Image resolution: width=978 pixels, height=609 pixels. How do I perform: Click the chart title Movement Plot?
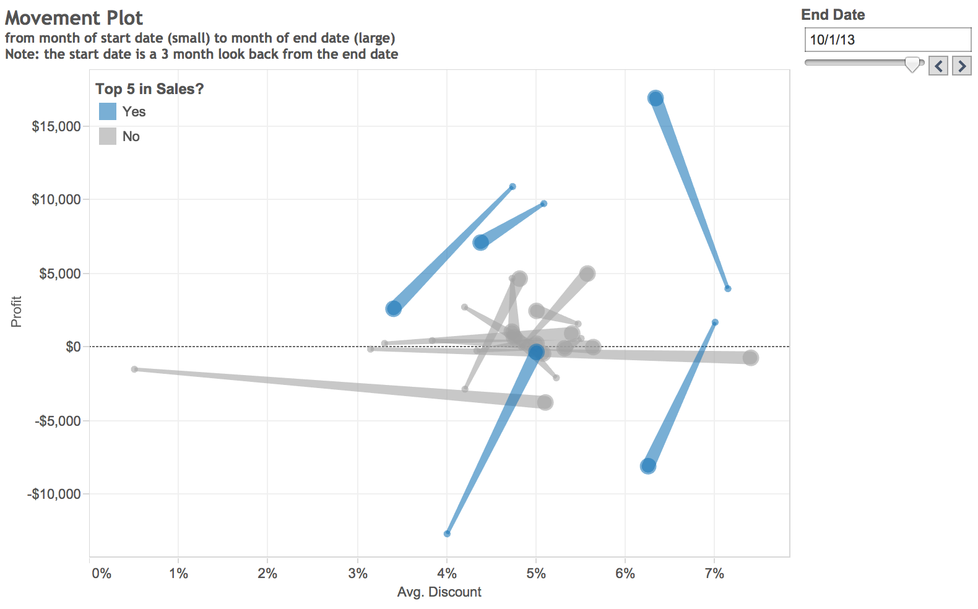(x=74, y=18)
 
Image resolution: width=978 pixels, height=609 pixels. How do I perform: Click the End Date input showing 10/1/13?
(x=886, y=40)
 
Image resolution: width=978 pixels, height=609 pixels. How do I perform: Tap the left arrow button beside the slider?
(x=938, y=66)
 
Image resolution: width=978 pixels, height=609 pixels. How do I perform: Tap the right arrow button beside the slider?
(x=961, y=66)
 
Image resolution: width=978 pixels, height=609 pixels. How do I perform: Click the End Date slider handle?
(x=912, y=64)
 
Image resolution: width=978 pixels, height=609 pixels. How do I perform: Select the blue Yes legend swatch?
(x=108, y=111)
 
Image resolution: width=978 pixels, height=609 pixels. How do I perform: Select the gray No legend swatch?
(x=108, y=136)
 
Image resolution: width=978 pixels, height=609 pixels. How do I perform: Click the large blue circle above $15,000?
(x=656, y=98)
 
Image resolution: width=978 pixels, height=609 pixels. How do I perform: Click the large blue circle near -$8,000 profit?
(x=648, y=466)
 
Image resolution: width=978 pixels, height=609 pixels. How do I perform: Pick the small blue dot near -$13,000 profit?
(x=447, y=533)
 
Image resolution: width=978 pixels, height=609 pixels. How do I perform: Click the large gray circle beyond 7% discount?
(x=750, y=358)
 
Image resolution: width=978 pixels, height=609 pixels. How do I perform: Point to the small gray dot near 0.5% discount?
(x=134, y=369)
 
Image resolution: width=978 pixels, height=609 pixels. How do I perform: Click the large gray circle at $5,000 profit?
(x=587, y=274)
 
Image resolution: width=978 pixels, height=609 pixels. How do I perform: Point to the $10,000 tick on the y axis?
(x=56, y=199)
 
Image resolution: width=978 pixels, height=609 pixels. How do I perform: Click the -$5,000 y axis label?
(x=58, y=421)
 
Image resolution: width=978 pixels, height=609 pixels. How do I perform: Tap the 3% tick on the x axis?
(x=357, y=573)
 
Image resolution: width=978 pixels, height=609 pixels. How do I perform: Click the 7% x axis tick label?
(x=714, y=573)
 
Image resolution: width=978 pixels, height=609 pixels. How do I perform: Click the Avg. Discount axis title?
(x=439, y=592)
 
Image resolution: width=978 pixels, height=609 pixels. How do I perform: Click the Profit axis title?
(x=16, y=311)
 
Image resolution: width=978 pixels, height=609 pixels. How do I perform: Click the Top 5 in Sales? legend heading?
(x=149, y=89)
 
